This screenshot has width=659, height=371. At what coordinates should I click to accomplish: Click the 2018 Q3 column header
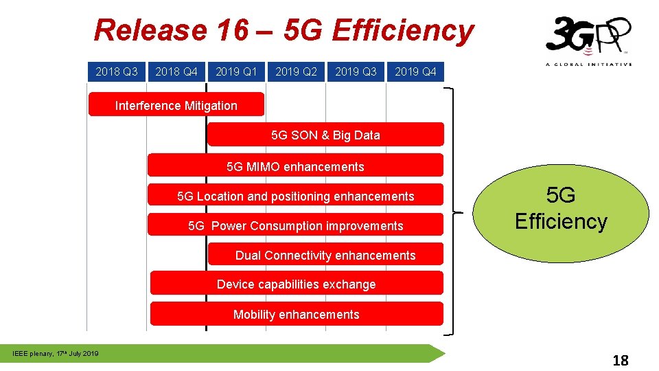[117, 71]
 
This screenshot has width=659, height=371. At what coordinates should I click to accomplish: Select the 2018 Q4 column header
[176, 71]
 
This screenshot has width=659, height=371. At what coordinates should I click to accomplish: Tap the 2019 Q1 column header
[236, 71]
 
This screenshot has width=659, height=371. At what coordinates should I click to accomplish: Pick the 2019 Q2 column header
[296, 71]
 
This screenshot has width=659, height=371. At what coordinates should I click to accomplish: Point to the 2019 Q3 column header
[356, 71]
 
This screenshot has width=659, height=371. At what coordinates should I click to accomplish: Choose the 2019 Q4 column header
[415, 71]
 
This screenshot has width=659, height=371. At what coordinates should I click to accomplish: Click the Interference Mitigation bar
[176, 105]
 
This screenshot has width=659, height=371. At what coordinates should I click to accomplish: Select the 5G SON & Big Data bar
[325, 135]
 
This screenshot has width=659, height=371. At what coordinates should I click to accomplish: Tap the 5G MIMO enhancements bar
[296, 166]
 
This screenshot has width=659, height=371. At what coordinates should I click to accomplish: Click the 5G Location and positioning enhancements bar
[296, 196]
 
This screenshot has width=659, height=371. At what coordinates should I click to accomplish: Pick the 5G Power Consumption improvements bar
[296, 226]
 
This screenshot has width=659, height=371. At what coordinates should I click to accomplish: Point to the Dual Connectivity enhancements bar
[325, 256]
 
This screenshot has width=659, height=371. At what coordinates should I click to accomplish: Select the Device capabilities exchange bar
[296, 284]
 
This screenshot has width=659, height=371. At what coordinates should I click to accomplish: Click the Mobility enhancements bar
[296, 314]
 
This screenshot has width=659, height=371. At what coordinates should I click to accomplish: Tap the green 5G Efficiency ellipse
[561, 209]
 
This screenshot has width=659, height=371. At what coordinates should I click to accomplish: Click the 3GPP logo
[588, 40]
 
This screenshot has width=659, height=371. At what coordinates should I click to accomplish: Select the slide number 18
[620, 361]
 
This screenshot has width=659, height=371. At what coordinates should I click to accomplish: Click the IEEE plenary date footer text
[56, 354]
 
